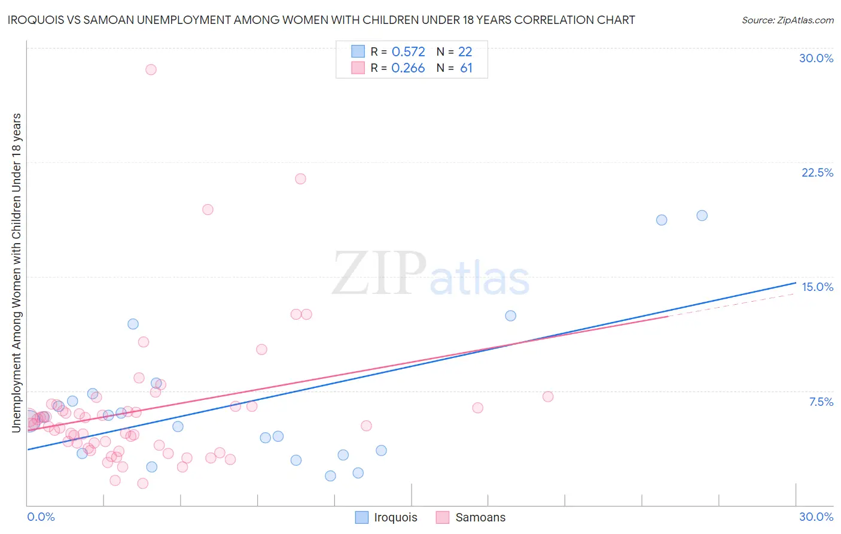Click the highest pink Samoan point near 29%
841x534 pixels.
coord(151,69)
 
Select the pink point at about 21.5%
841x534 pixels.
coord(300,178)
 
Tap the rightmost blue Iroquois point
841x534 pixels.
coord(702,216)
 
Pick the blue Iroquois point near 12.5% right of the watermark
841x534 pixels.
coord(510,315)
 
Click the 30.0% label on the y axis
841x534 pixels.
coord(816,58)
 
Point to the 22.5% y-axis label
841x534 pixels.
coord(817,172)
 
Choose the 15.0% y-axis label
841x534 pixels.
coord(817,287)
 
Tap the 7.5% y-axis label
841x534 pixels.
coord(821,402)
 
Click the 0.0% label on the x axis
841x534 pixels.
coord(41,517)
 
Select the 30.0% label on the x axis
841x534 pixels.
coord(816,517)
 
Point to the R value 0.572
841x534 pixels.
coord(408,52)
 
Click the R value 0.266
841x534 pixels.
coord(408,68)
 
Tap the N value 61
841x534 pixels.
coord(466,68)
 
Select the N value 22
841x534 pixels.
coord(465,52)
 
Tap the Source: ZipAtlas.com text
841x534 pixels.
coord(787,20)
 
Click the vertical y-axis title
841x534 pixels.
coord(16,272)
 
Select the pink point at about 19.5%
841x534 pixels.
coord(208,210)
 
